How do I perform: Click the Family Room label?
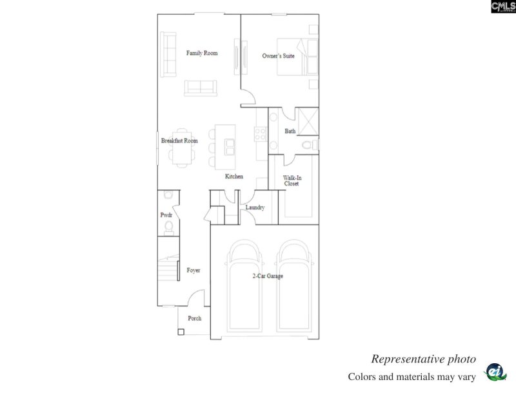pyautogui.click(x=202, y=53)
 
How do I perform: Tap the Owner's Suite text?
pyautogui.click(x=278, y=56)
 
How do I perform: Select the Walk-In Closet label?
pyautogui.click(x=292, y=180)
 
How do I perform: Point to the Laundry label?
pyautogui.click(x=255, y=207)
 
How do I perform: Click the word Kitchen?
pyautogui.click(x=233, y=176)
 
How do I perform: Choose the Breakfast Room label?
pyautogui.click(x=179, y=140)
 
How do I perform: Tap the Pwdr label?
pyautogui.click(x=165, y=215)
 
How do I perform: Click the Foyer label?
pyautogui.click(x=193, y=270)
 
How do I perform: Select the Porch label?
pyautogui.click(x=194, y=318)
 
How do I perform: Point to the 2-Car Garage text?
pyautogui.click(x=268, y=276)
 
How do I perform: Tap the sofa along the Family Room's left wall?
pyautogui.click(x=169, y=55)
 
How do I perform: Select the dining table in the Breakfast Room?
pyautogui.click(x=180, y=153)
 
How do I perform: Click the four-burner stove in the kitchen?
pyautogui.click(x=261, y=134)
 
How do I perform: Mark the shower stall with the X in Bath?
pyautogui.click(x=307, y=120)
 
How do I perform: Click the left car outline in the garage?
pyautogui.click(x=244, y=290)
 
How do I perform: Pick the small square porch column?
pyautogui.click(x=181, y=332)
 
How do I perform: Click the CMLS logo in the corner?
pyautogui.click(x=503, y=6)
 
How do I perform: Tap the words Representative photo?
pyautogui.click(x=423, y=359)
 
